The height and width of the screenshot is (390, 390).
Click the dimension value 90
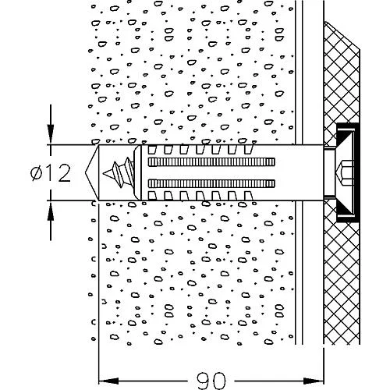coord(211,381)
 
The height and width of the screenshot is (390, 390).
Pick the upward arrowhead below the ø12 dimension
coord(51,211)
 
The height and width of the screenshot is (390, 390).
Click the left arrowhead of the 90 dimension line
coord(108,381)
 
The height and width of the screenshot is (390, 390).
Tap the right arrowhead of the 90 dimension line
coord(314,381)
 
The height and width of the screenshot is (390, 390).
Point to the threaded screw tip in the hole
coord(119,172)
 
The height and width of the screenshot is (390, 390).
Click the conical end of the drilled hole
coord(92,172)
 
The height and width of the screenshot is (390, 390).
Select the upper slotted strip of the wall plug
coord(211,161)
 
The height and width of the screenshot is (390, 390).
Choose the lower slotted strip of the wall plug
coord(211,183)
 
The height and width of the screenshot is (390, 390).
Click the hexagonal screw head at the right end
coord(345,172)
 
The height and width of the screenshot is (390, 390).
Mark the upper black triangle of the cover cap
coord(345,136)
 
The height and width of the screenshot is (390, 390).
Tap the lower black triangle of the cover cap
coord(345,209)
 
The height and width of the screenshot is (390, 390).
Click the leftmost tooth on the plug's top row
coord(152,150)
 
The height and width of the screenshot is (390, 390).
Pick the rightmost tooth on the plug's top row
coord(249,150)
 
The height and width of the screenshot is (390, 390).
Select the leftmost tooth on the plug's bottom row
coord(152,196)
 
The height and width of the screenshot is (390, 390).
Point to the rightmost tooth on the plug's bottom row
coord(249,196)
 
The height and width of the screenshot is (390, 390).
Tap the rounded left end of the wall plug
coord(137,172)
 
